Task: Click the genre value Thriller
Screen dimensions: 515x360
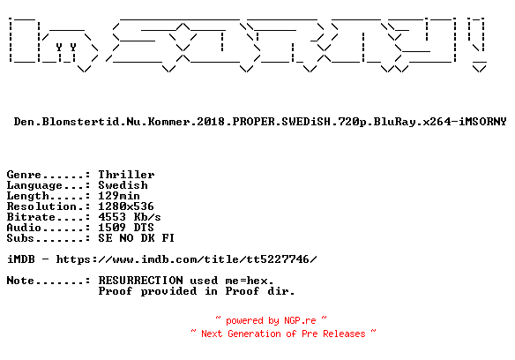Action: pos(126,175)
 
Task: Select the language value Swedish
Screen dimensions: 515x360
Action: pos(123,185)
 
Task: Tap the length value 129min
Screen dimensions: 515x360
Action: pos(119,196)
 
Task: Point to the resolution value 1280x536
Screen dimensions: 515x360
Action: pos(126,206)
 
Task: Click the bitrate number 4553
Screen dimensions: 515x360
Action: pos(112,217)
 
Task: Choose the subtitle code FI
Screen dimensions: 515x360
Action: pos(168,238)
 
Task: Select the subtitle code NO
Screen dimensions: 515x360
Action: pos(126,238)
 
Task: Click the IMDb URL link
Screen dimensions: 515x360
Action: pos(187,259)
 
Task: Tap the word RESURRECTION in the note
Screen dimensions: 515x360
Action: pos(140,281)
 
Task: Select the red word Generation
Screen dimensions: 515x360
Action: pos(254,334)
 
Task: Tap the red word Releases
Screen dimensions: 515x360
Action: pos(344,334)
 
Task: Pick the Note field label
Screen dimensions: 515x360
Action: pos(20,281)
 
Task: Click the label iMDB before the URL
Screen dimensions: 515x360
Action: pos(20,259)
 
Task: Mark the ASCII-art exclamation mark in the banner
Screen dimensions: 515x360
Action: pos(478,44)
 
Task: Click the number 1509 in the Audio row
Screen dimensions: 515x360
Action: pos(112,228)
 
